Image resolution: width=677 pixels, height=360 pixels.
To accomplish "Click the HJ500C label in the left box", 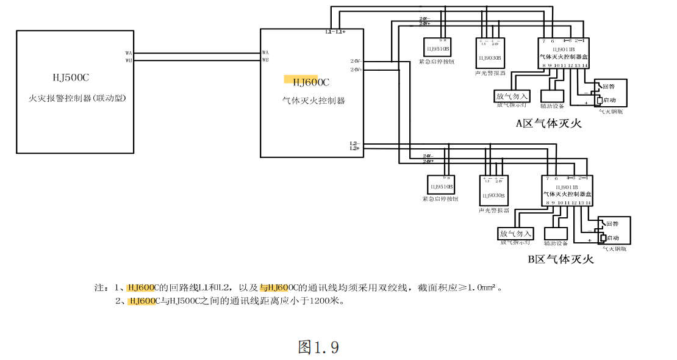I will (71, 77).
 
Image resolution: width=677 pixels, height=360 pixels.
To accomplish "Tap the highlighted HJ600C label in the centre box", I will (310, 82).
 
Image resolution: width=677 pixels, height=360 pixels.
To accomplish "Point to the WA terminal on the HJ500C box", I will (129, 53).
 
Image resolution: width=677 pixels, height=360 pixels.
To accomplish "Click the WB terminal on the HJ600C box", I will (265, 60).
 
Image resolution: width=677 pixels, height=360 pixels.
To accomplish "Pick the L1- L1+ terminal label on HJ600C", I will (335, 32).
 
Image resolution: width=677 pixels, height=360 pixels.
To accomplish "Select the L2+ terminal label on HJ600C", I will (354, 148).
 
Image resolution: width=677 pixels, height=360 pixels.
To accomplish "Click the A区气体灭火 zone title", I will (549, 123).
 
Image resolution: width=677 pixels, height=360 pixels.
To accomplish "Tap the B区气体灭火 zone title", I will (561, 259).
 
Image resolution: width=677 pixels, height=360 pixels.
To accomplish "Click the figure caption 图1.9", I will (318, 347).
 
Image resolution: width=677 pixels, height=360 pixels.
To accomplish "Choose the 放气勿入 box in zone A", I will (512, 96).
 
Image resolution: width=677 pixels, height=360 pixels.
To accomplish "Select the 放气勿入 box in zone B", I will (515, 234).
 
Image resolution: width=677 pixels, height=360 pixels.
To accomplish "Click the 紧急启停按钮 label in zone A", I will (437, 62).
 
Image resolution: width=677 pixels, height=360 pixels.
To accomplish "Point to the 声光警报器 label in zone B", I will (493, 211).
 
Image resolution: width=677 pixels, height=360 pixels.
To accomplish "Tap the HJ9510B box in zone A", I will (437, 48).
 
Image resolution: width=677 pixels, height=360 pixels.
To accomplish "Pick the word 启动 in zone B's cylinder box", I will (612, 237).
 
